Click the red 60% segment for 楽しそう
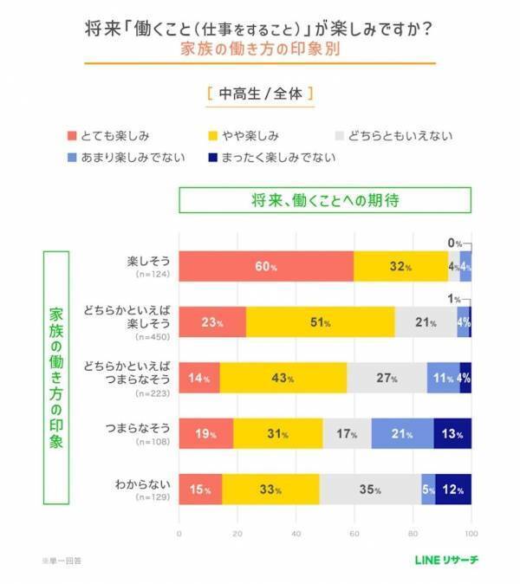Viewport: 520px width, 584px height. coord(266,266)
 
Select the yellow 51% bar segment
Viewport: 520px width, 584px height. coord(321,321)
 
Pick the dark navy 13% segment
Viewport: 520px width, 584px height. coord(453,433)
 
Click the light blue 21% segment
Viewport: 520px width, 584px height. coord(402,433)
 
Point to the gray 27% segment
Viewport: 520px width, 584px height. coord(387,378)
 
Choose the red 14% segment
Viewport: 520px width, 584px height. coord(199,378)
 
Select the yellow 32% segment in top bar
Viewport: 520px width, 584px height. coord(400,266)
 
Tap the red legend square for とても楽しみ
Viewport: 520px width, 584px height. coord(73,136)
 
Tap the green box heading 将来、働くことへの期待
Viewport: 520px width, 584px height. coord(325,199)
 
